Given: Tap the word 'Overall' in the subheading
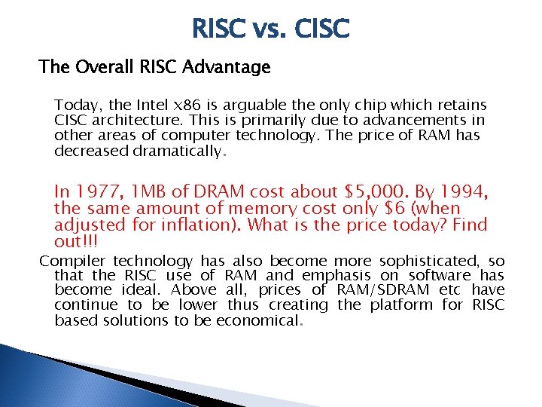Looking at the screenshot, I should click(104, 68).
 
